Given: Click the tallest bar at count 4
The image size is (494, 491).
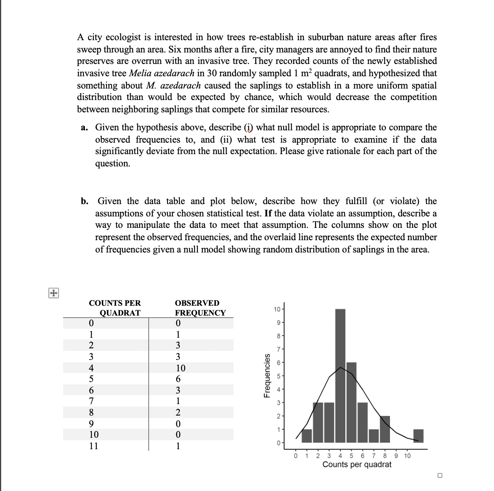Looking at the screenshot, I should coord(340,375).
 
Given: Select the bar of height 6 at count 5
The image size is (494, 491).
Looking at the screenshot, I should coord(351,402).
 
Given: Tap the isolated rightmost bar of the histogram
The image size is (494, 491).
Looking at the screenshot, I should coord(418,436).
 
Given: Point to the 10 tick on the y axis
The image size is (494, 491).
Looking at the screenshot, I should coord(277,309).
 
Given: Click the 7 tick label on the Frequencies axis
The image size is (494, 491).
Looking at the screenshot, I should coord(278,349).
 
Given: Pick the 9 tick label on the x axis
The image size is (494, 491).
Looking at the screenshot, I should coord(396,456).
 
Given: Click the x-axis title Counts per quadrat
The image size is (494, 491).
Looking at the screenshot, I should coord(356,465).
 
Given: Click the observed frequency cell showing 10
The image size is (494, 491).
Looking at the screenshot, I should coord(180,368).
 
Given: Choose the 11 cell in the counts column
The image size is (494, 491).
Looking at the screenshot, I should coord(94,446).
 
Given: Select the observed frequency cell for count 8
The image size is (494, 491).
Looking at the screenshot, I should coord(178,412).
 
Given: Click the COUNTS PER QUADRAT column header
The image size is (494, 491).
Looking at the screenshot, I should coord(115,308).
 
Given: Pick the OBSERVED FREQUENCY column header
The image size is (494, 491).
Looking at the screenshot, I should coord(199,308).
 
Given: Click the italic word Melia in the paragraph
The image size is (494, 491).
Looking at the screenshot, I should coord(139,73).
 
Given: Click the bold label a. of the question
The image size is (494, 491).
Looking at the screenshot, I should coord(84,127).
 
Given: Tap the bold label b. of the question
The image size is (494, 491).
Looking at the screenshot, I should coord(85,201).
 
